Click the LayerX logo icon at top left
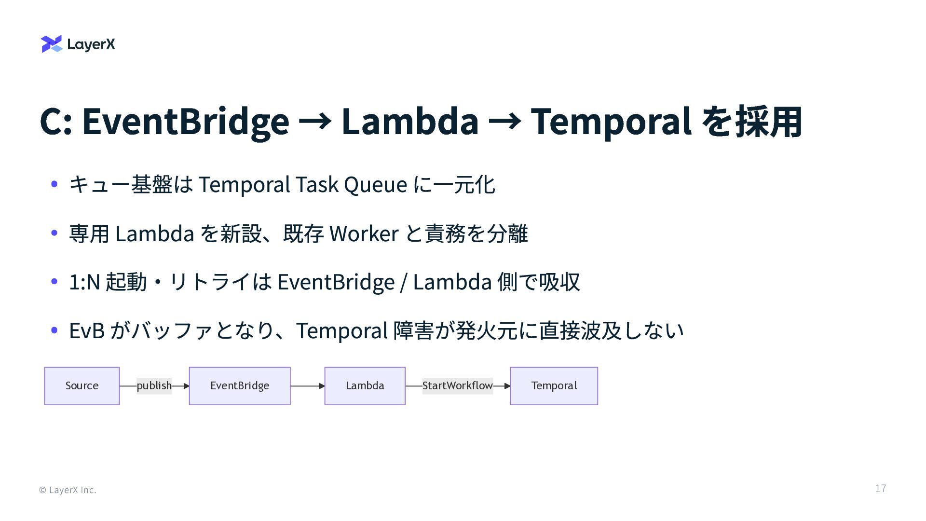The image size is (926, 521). pyautogui.click(x=52, y=44)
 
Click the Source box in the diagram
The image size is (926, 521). pyautogui.click(x=82, y=386)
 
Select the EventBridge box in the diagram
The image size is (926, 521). pyautogui.click(x=240, y=386)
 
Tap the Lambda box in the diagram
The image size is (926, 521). pyautogui.click(x=365, y=386)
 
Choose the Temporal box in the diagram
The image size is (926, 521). pyautogui.click(x=554, y=386)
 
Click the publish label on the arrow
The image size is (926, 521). pyautogui.click(x=154, y=386)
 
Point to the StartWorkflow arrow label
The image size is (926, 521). pyautogui.click(x=457, y=386)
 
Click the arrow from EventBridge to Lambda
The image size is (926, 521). pyautogui.click(x=307, y=386)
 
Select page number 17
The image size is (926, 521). pyautogui.click(x=880, y=488)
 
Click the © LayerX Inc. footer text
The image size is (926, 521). pyautogui.click(x=68, y=490)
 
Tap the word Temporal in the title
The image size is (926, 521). pyautogui.click(x=611, y=121)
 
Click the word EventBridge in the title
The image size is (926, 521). pyautogui.click(x=186, y=121)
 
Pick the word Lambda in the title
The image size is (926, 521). pyautogui.click(x=410, y=121)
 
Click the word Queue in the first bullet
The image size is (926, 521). pyautogui.click(x=375, y=185)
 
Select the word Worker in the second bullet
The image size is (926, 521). pyautogui.click(x=364, y=234)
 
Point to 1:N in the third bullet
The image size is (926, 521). pyautogui.click(x=84, y=282)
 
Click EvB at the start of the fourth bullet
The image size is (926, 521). pyautogui.click(x=87, y=331)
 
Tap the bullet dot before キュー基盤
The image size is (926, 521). pyautogui.click(x=54, y=184)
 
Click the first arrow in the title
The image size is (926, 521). pyautogui.click(x=315, y=121)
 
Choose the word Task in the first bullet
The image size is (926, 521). pyautogui.click(x=317, y=185)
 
